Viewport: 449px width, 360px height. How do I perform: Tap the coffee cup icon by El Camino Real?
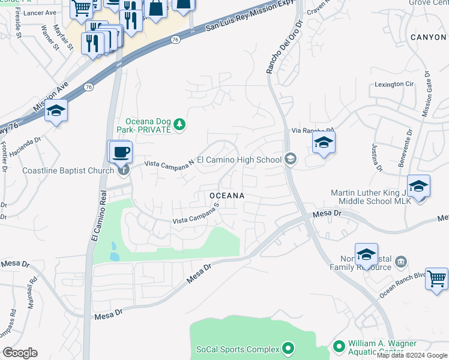pyautogui.click(x=121, y=151)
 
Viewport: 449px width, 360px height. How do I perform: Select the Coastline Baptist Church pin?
pyautogui.click(x=123, y=170)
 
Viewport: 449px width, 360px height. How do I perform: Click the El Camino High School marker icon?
pyautogui.click(x=291, y=159)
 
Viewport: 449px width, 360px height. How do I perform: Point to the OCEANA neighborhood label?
pyautogui.click(x=227, y=196)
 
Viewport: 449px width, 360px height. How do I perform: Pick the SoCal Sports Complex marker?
pyautogui.click(x=288, y=348)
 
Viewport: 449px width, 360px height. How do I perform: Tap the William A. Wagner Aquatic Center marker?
pyautogui.click(x=339, y=346)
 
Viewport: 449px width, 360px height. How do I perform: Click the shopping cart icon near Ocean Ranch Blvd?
pyautogui.click(x=436, y=278)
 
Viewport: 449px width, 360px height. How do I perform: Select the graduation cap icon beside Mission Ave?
pyautogui.click(x=56, y=111)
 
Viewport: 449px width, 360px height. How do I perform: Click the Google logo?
pyautogui.click(x=20, y=353)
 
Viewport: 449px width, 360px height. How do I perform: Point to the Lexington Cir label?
pyautogui.click(x=394, y=85)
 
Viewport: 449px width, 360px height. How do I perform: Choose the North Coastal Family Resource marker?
pyautogui.click(x=402, y=262)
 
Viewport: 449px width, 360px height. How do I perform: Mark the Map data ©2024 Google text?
pyautogui.click(x=412, y=355)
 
